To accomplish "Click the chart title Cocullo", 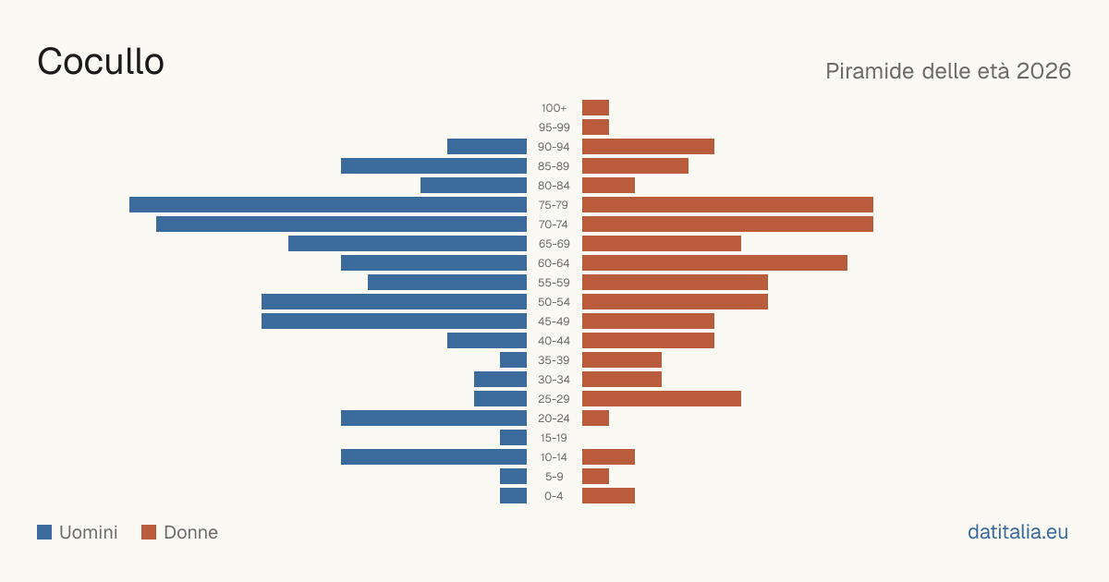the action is click(x=101, y=61).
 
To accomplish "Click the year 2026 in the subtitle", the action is click(x=1043, y=71).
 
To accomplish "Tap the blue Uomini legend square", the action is click(x=44, y=532).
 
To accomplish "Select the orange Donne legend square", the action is click(x=149, y=532).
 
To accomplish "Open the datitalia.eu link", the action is click(x=1018, y=532).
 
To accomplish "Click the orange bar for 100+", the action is click(x=595, y=107).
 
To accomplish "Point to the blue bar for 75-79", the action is click(x=328, y=204).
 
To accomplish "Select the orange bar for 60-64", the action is click(x=714, y=262).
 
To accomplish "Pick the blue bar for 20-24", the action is click(x=433, y=418).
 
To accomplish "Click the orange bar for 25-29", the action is click(x=662, y=398).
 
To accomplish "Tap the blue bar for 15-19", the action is click(x=514, y=438).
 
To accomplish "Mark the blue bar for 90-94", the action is click(x=487, y=147).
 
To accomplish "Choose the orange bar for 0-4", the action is click(x=608, y=495).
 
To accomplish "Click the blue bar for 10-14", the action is click(x=433, y=456).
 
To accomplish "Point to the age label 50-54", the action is click(x=554, y=302).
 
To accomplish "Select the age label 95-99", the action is click(x=554, y=127).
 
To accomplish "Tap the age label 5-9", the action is click(x=554, y=477).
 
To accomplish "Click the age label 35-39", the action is click(x=554, y=359).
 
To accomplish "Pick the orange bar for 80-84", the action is click(x=608, y=185).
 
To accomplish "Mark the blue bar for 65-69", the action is click(x=408, y=244).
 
